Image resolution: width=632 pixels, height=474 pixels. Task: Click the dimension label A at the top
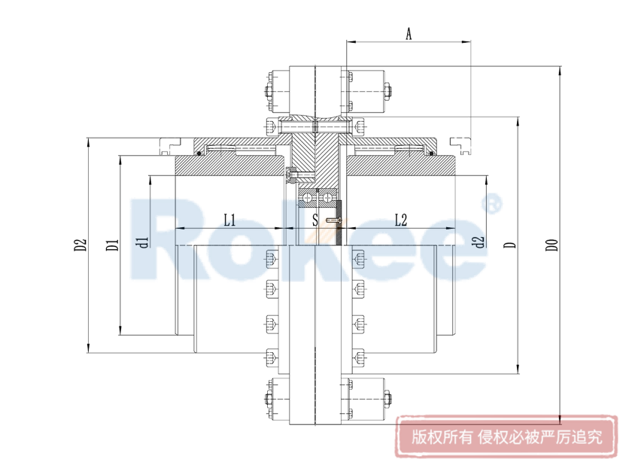409,33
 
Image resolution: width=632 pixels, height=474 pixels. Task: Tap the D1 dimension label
111,245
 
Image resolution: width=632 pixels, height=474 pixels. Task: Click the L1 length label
230,220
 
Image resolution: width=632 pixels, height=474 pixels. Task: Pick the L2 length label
401,220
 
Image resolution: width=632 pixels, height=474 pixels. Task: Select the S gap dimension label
315,220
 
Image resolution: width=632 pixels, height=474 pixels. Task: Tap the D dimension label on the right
509,245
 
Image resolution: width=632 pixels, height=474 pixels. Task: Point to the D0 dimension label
552,245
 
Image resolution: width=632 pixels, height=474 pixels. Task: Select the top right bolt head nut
388,92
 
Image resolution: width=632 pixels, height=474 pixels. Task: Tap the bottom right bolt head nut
388,399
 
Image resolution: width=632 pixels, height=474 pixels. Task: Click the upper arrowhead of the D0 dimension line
561,72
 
